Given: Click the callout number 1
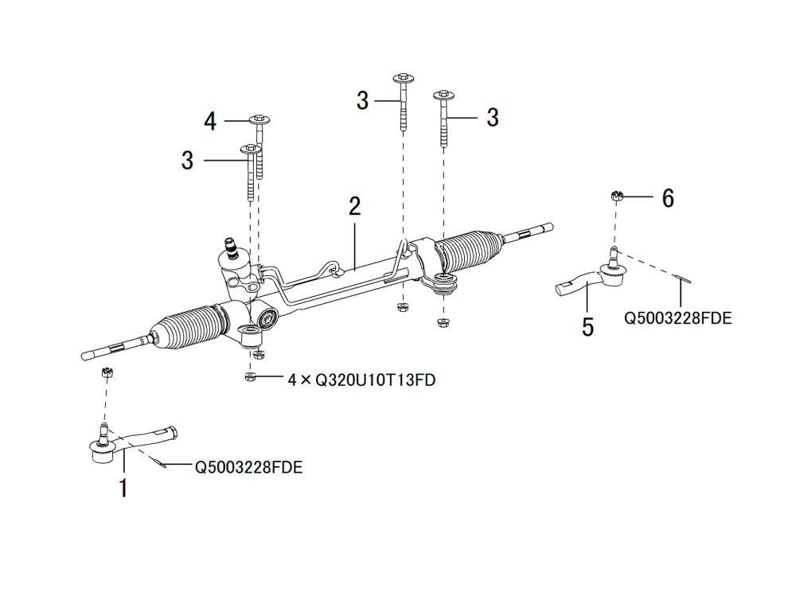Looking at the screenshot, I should pos(123,487).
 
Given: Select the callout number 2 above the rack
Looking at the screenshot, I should pos(354,206).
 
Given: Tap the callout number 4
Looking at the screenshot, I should pos(210,122).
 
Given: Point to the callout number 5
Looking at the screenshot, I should pos(587,327).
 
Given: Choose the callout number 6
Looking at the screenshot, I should pos(668,198).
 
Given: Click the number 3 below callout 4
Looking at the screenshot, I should pos(187,161).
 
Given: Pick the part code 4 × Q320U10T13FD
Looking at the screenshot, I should pos(361,380).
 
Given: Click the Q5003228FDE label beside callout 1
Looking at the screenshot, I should pos(248,467).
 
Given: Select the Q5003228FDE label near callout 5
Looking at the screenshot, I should pos(677,318).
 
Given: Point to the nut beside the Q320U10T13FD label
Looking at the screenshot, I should pos(251,377).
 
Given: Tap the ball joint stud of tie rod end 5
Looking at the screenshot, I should pos(613,257).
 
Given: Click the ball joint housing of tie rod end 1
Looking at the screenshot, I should pos(101,451).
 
